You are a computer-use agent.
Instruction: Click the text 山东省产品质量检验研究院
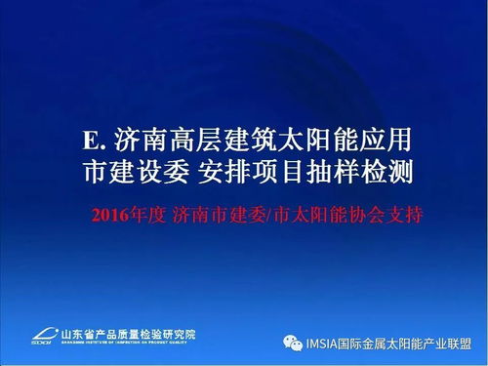pos(127,333)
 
